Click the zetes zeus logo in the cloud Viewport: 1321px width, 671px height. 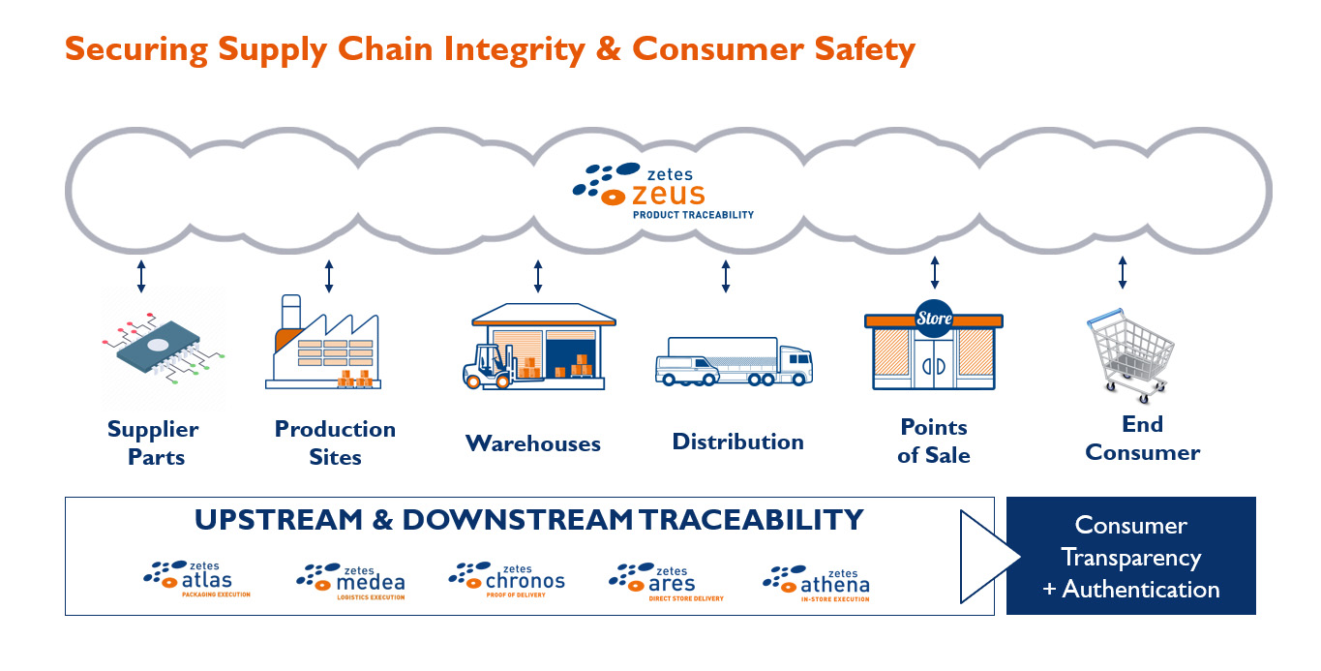pyautogui.click(x=663, y=191)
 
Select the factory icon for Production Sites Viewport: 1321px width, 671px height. pyautogui.click(x=323, y=342)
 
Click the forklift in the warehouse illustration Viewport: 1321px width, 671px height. pyautogui.click(x=490, y=367)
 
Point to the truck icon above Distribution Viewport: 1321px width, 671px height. pyautogui.click(x=735, y=361)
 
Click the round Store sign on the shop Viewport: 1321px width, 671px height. pyautogui.click(x=934, y=319)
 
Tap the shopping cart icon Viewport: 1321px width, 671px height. pyautogui.click(x=1130, y=355)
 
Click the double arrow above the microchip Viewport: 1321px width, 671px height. pyautogui.click(x=141, y=276)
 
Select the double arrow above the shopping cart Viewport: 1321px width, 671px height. pyautogui.click(x=1123, y=272)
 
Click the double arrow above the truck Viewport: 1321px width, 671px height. pyautogui.click(x=726, y=276)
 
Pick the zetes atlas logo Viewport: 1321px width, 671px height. pyautogui.click(x=197, y=579)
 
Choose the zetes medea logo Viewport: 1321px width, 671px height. pyautogui.click(x=351, y=582)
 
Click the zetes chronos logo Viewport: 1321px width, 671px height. pyautogui.click(x=506, y=580)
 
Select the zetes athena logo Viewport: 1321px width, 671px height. pyautogui.click(x=816, y=584)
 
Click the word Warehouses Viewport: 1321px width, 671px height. pyautogui.click(x=533, y=443)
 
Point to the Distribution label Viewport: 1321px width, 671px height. pyautogui.click(x=737, y=442)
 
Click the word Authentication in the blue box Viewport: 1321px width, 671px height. pyautogui.click(x=1141, y=590)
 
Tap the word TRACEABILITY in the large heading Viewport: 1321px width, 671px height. pyautogui.click(x=751, y=520)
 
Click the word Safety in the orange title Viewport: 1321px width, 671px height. pyautogui.click(x=865, y=49)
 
